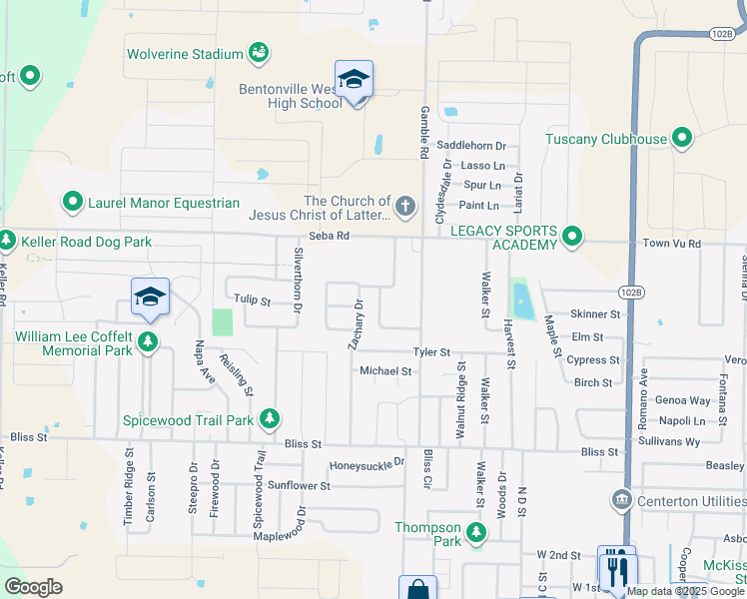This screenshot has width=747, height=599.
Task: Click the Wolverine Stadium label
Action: pos(184,54)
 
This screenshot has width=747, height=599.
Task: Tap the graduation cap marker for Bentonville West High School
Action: pos(354,78)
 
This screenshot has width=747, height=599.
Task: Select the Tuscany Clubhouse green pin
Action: pos(683,138)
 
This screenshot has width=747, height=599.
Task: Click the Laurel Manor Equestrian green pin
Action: pos(73,203)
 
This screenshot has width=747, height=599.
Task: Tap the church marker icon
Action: pos(404,208)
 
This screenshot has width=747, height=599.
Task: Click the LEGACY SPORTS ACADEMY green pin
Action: pos(572,237)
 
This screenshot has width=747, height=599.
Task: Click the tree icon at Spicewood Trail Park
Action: pos(269,419)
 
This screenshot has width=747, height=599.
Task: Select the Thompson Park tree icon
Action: pos(477,534)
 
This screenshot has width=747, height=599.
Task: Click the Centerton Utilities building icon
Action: pos(621,497)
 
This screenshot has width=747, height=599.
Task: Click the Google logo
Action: pos(33,587)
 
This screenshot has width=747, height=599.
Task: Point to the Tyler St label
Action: pos(433,352)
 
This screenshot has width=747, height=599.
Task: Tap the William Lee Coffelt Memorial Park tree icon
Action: pos(148,343)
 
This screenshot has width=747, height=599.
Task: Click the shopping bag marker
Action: pos(417,589)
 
